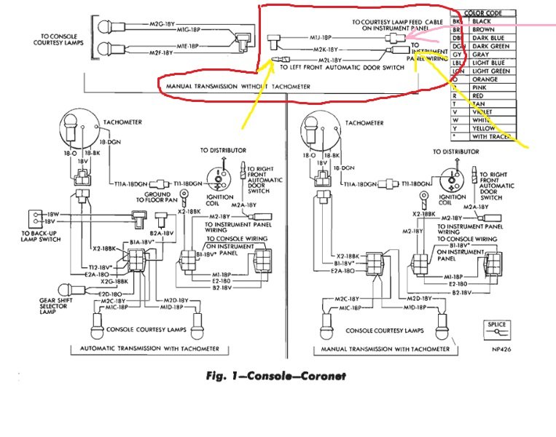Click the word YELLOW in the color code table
click(x=485, y=127)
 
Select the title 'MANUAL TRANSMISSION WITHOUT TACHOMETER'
click(x=238, y=86)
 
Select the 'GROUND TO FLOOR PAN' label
click(x=157, y=199)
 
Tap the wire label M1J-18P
click(x=321, y=36)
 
